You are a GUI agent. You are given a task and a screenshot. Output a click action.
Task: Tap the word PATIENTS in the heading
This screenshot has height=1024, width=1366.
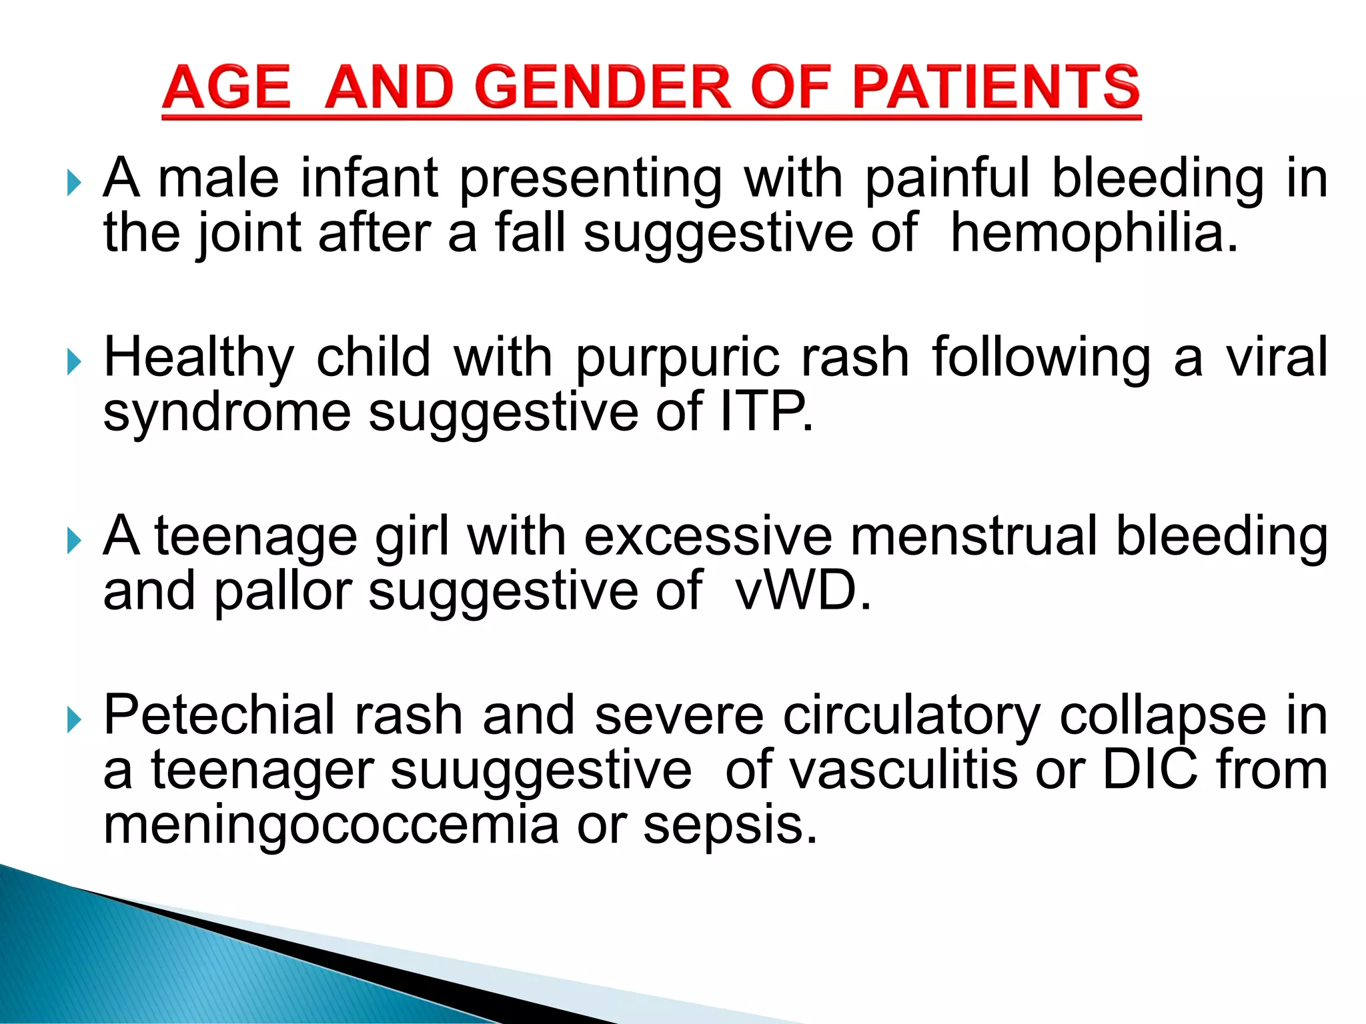coord(996,87)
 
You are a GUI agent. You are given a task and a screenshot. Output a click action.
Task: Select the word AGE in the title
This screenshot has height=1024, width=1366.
coord(226,87)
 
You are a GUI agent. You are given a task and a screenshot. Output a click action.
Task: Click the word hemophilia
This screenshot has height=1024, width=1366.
coord(1094,233)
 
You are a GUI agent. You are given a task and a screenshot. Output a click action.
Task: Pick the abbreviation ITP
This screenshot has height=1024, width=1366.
coord(766,412)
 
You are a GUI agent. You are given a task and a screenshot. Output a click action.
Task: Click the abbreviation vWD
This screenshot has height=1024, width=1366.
coord(802,591)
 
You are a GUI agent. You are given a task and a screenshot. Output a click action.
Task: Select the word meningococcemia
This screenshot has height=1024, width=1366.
coord(331,825)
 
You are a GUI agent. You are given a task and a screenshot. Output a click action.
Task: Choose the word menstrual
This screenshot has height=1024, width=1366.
coord(973,536)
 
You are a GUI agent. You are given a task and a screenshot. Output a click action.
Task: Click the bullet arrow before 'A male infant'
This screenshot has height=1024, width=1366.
coord(74,181)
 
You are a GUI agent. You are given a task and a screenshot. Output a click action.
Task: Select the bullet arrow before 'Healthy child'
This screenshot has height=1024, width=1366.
coord(74,361)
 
